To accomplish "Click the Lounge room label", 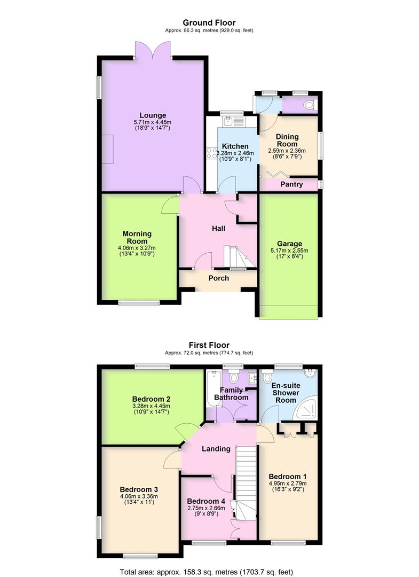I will tap(153, 115).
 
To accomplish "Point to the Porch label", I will tap(218, 278).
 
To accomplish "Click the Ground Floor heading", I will tap(209, 22).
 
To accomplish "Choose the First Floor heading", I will tap(209, 345).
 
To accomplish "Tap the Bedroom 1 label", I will tap(287, 477).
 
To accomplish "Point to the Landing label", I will tap(216, 449).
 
